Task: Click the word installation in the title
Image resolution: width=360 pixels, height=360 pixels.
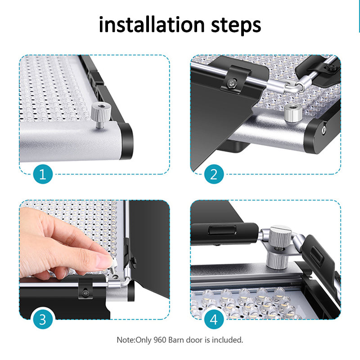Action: tap(152, 24)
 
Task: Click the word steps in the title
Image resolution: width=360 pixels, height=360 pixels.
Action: tap(236, 25)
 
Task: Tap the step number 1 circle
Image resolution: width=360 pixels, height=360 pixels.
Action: tap(43, 174)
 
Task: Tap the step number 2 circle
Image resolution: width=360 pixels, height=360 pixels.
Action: tap(214, 174)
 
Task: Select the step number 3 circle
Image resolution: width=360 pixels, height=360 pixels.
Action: tap(43, 319)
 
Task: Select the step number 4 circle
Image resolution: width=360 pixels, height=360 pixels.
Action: tap(214, 319)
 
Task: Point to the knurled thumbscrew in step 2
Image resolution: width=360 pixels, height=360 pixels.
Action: tap(293, 113)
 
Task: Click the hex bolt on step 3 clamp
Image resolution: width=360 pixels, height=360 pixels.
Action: tap(85, 293)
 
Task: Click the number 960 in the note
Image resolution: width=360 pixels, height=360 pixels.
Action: tap(160, 340)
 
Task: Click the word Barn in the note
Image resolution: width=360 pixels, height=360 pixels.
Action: tap(176, 340)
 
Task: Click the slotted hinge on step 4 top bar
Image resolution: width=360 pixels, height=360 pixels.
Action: tap(222, 230)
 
